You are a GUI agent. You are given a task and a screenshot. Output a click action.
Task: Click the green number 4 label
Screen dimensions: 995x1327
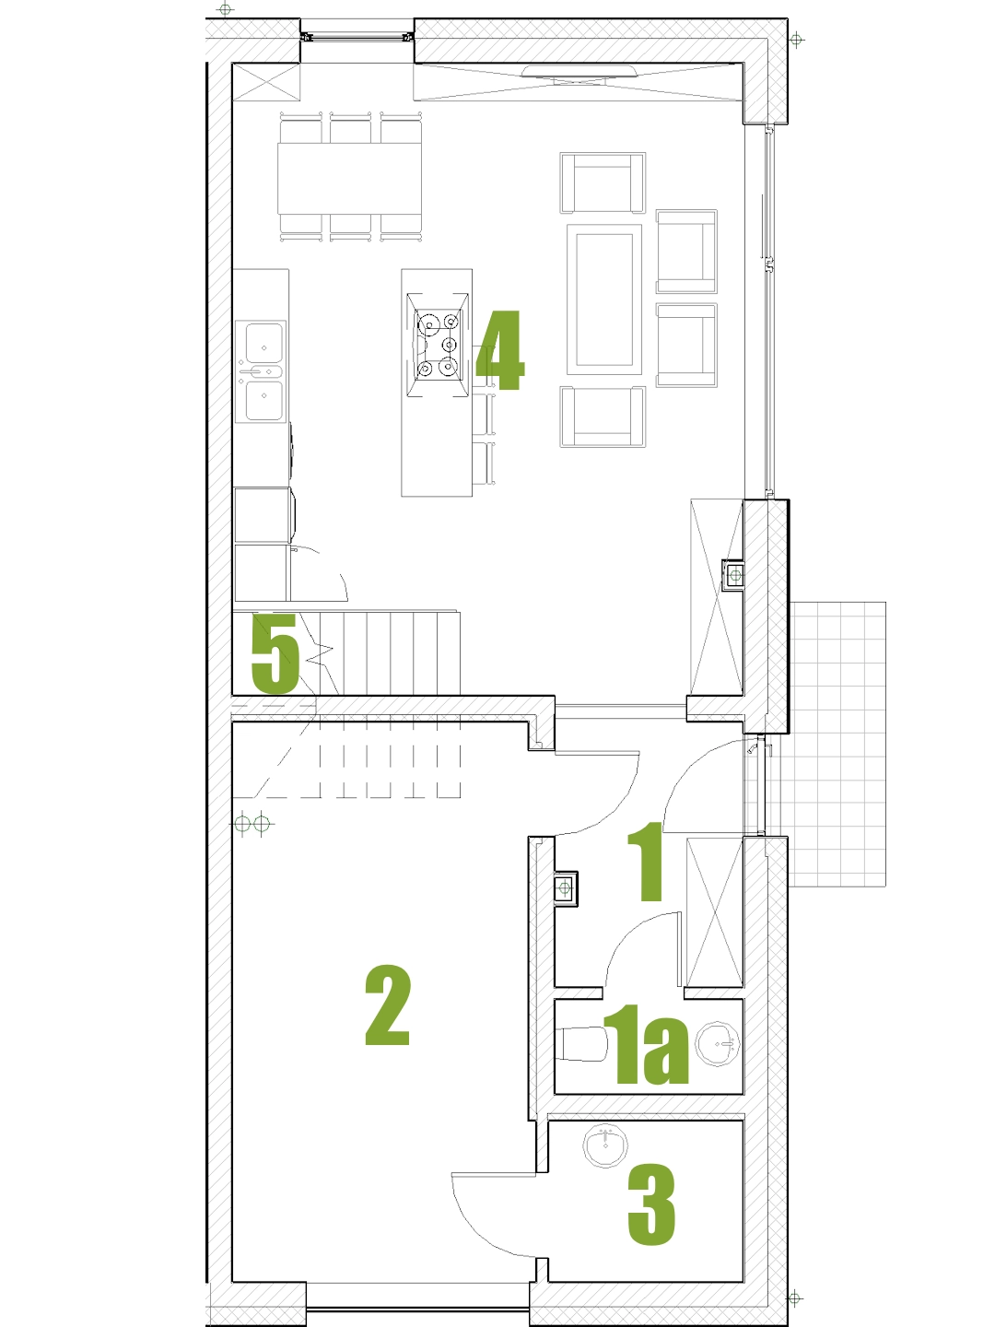pyautogui.click(x=500, y=350)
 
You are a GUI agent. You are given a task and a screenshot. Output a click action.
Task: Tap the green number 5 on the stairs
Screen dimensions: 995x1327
pyautogui.click(x=275, y=653)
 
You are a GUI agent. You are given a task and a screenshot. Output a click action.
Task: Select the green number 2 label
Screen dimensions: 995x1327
pyautogui.click(x=388, y=1005)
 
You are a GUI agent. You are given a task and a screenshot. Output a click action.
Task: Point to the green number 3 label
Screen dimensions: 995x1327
pyautogui.click(x=651, y=1204)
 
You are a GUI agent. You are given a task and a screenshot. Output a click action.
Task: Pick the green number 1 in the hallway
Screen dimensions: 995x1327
pyautogui.click(x=647, y=862)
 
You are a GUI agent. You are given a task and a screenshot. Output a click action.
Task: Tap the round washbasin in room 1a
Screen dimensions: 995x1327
pyautogui.click(x=717, y=1043)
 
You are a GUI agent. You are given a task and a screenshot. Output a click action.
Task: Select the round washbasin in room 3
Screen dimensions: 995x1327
pyautogui.click(x=606, y=1146)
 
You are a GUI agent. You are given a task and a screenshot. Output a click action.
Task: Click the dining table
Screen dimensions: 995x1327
pyautogui.click(x=349, y=178)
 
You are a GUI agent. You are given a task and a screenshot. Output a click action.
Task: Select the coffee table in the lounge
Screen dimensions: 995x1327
pyautogui.click(x=604, y=299)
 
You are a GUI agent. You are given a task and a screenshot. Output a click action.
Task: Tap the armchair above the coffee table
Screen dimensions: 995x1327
pyautogui.click(x=603, y=182)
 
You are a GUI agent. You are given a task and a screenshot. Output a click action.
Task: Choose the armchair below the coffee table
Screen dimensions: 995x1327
pyautogui.click(x=603, y=417)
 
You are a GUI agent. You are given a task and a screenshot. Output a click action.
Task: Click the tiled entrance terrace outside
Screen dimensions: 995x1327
pyautogui.click(x=837, y=745)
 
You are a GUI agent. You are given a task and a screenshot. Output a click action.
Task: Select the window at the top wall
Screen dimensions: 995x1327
pyautogui.click(x=357, y=38)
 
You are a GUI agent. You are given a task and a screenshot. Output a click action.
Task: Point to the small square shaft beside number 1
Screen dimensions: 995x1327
pyautogui.click(x=566, y=888)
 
